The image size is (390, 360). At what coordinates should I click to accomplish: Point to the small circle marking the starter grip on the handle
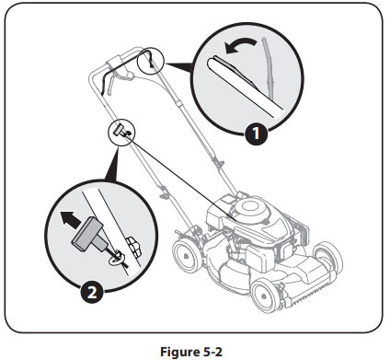click(x=120, y=130)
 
